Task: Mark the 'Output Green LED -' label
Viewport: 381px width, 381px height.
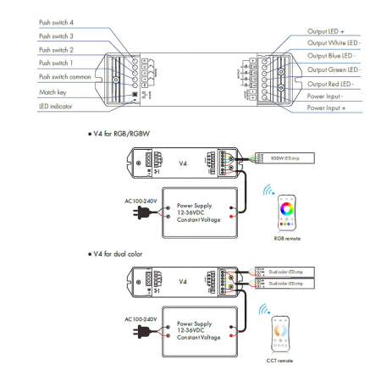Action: (336, 69)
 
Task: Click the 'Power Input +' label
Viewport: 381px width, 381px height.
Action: (326, 108)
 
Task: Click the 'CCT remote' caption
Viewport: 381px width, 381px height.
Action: (279, 361)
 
